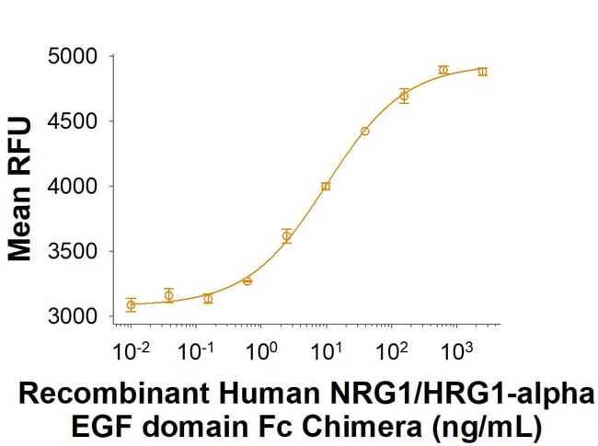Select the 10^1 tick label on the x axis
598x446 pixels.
pyautogui.click(x=325, y=350)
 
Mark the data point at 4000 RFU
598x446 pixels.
pyautogui.click(x=326, y=186)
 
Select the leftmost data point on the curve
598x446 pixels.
pyautogui.click(x=131, y=304)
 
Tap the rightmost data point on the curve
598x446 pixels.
pyautogui.click(x=482, y=71)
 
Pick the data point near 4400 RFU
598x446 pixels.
pyautogui.click(x=364, y=132)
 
